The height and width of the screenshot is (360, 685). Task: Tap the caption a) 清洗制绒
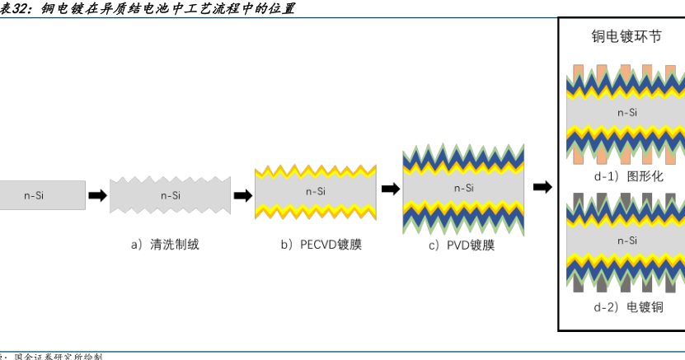point(165,244)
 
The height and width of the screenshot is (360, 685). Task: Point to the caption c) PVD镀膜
point(462,245)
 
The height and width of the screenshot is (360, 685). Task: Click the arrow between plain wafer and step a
point(97,195)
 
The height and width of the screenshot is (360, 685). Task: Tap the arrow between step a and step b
point(242,195)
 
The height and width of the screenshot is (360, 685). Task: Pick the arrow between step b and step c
point(390,189)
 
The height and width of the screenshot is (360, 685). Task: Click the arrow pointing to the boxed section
point(542,187)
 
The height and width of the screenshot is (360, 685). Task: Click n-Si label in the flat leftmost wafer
point(34,195)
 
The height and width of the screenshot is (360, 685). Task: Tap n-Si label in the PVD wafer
point(463,188)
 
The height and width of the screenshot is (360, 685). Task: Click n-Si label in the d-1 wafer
point(627,112)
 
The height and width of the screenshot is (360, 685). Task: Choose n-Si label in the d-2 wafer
point(627,241)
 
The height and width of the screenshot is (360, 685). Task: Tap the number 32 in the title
point(22,9)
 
